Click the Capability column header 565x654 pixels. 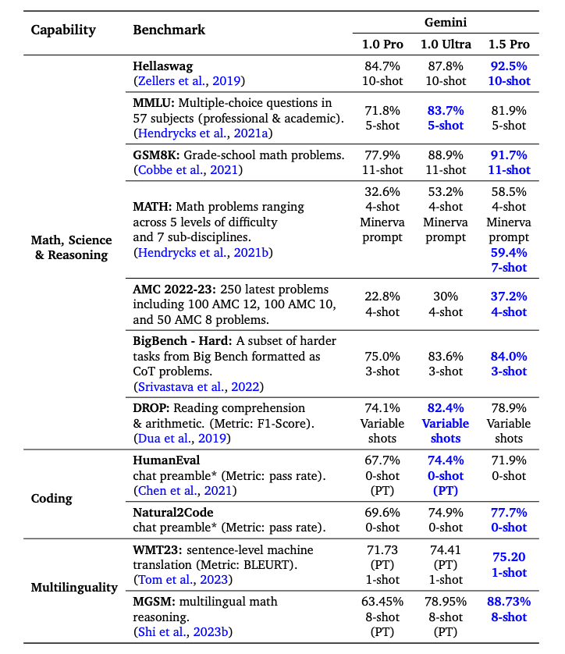[63, 30]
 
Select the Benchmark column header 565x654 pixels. [169, 30]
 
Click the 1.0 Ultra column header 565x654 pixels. [446, 43]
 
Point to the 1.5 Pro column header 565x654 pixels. [509, 43]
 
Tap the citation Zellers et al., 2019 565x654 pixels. [188, 80]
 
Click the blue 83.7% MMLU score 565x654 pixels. [446, 111]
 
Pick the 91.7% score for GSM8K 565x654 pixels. [509, 155]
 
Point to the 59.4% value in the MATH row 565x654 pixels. [509, 252]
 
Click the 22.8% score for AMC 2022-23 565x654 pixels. [383, 297]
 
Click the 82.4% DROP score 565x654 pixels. [446, 408]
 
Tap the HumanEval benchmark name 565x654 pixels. [166, 460]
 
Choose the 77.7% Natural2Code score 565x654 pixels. [509, 513]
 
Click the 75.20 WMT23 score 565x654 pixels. [509, 557]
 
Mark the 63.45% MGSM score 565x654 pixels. [383, 602]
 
